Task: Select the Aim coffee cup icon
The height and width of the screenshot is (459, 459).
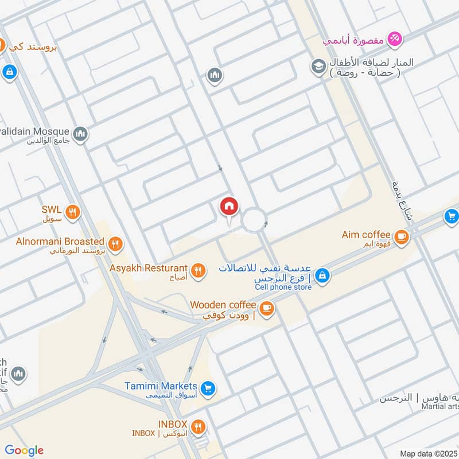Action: [x=402, y=235]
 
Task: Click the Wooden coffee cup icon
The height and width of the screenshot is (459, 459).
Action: [x=267, y=308]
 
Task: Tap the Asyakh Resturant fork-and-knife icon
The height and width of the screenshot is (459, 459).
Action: [x=199, y=270]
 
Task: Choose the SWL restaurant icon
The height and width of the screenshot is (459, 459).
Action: [x=72, y=212]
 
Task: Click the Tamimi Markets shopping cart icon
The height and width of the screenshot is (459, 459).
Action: [x=208, y=388]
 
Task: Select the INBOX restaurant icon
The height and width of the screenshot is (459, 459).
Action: [x=199, y=426]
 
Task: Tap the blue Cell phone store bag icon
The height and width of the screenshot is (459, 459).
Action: [x=322, y=275]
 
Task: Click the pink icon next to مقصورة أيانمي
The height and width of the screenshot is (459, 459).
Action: [x=394, y=39]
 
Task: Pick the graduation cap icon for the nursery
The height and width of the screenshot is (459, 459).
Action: [x=318, y=67]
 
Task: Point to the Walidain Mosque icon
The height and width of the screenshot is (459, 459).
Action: [x=81, y=134]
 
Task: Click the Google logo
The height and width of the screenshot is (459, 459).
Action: [x=24, y=450]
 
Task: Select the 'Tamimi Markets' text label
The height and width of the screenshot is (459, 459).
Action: [x=161, y=386]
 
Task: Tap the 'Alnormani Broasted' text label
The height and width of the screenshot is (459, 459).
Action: [x=60, y=242]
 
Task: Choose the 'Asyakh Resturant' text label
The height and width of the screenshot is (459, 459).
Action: [x=149, y=268]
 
